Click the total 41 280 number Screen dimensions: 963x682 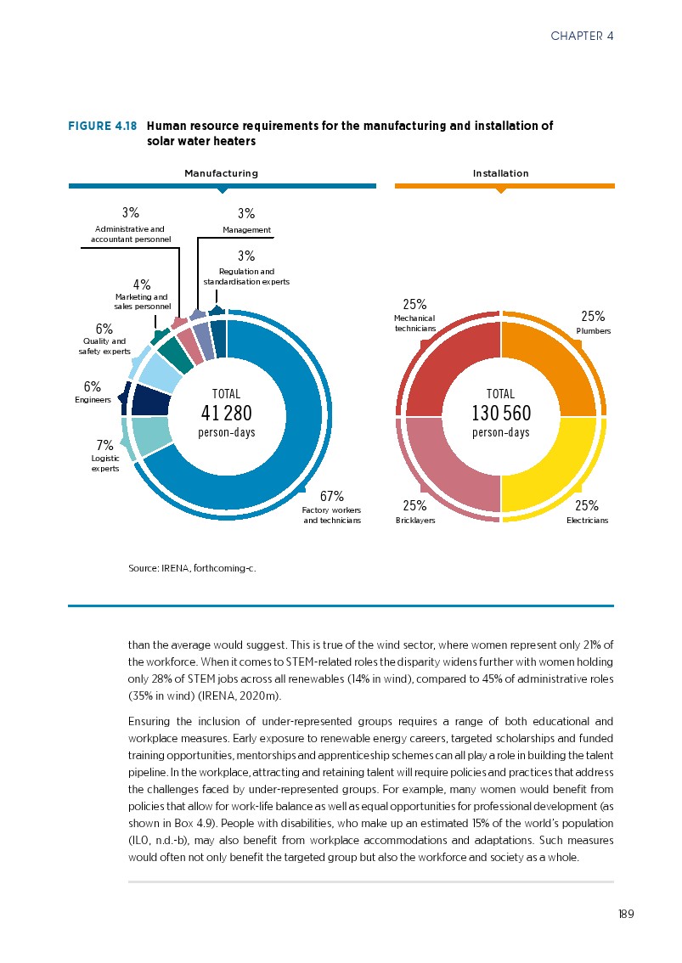227,414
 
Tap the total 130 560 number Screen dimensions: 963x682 501,414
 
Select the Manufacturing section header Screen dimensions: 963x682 222,173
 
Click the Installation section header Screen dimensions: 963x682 501,173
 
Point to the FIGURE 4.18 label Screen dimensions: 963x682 102,126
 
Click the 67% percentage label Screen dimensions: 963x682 331,496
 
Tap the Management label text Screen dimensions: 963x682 246,230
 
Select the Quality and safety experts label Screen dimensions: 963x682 104,346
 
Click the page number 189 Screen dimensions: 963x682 626,914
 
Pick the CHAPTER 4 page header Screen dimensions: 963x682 582,36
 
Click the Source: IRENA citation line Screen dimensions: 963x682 191,569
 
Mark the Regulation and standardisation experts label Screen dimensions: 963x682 246,276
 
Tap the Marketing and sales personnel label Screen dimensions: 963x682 142,301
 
